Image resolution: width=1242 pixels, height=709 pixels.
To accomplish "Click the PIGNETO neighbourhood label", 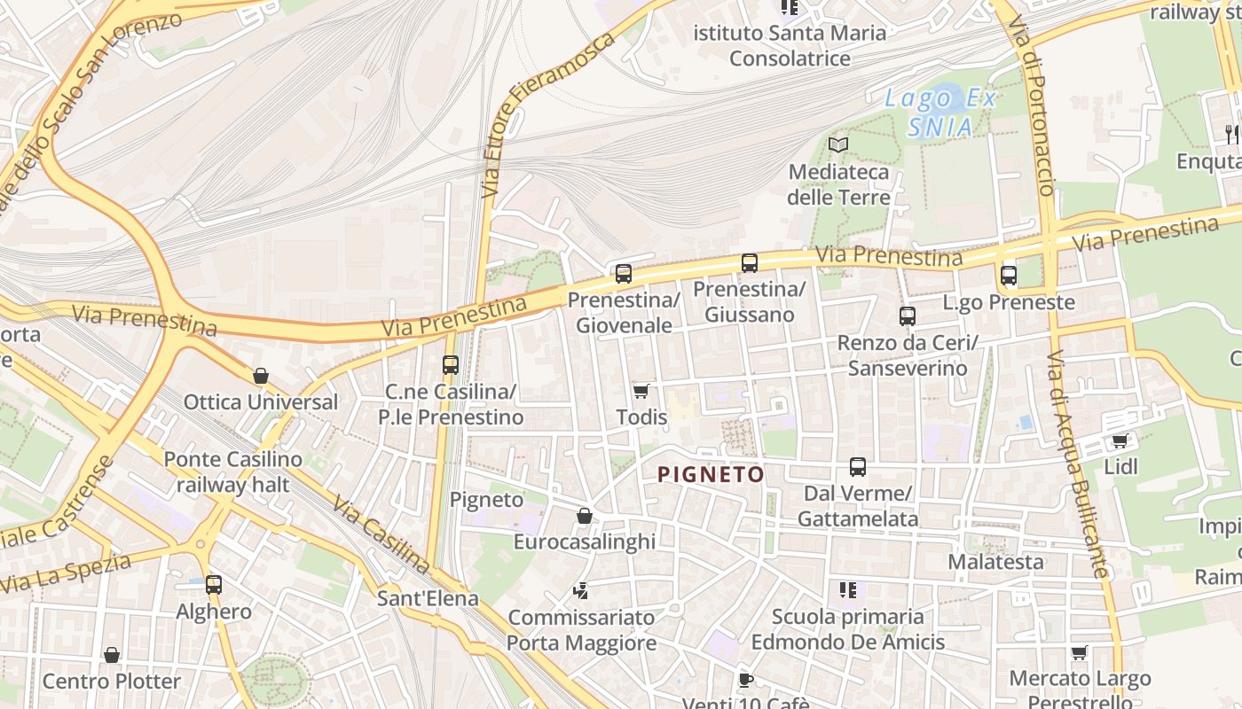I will [x=711, y=474].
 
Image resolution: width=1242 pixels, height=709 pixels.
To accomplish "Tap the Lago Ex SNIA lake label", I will [x=940, y=113].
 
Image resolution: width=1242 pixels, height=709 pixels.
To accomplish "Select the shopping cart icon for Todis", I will [x=641, y=391].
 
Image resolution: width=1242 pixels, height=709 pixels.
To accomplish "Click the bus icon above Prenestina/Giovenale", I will [x=624, y=273].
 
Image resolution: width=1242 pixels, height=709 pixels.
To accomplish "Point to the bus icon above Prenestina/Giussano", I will [x=750, y=262].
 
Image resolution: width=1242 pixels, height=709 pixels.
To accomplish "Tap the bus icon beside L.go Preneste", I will [x=1009, y=275].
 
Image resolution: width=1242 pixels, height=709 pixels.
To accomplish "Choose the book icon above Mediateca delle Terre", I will [x=838, y=144].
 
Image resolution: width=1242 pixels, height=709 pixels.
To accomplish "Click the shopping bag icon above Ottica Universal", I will [x=261, y=376].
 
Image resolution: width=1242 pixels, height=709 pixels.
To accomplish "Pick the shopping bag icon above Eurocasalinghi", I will [x=585, y=516].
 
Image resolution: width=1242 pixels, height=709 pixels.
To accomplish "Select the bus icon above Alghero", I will [x=214, y=584].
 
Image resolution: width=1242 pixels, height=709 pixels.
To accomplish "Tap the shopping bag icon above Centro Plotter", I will [x=112, y=655].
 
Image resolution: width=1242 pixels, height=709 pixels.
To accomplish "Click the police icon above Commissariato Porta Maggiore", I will [x=581, y=591].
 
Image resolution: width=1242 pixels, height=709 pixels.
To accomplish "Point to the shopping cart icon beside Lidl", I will [x=1120, y=440].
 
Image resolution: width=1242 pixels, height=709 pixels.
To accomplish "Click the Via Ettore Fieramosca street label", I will [x=546, y=116].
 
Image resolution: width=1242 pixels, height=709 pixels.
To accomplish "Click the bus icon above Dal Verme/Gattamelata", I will [x=858, y=466].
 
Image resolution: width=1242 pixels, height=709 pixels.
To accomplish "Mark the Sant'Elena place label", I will [x=428, y=598].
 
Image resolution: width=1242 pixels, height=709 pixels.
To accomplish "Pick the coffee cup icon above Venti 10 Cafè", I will [x=746, y=680].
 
